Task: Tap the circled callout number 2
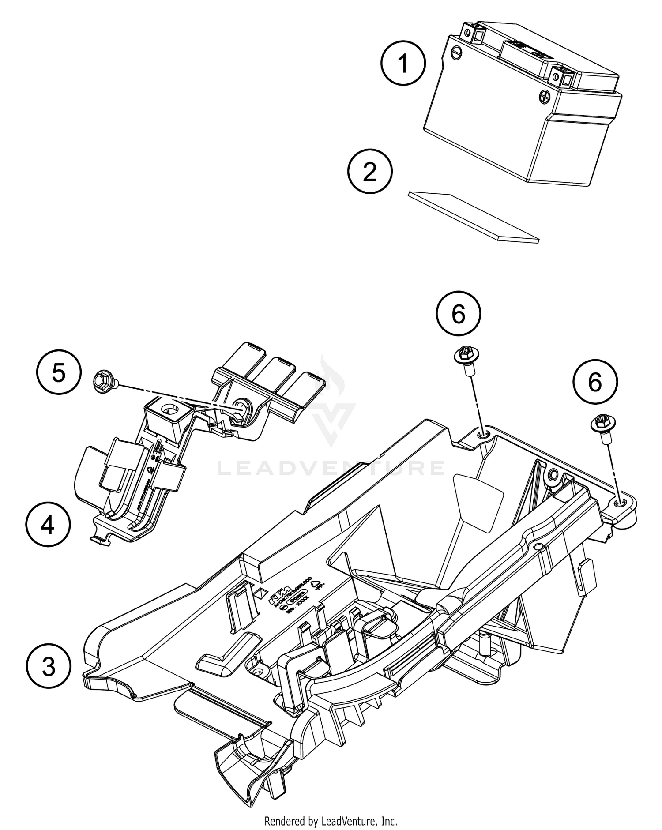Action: click(370, 172)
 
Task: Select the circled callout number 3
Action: click(49, 666)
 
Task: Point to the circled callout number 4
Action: click(48, 525)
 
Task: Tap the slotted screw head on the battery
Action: click(456, 52)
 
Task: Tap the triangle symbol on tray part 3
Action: click(316, 584)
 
